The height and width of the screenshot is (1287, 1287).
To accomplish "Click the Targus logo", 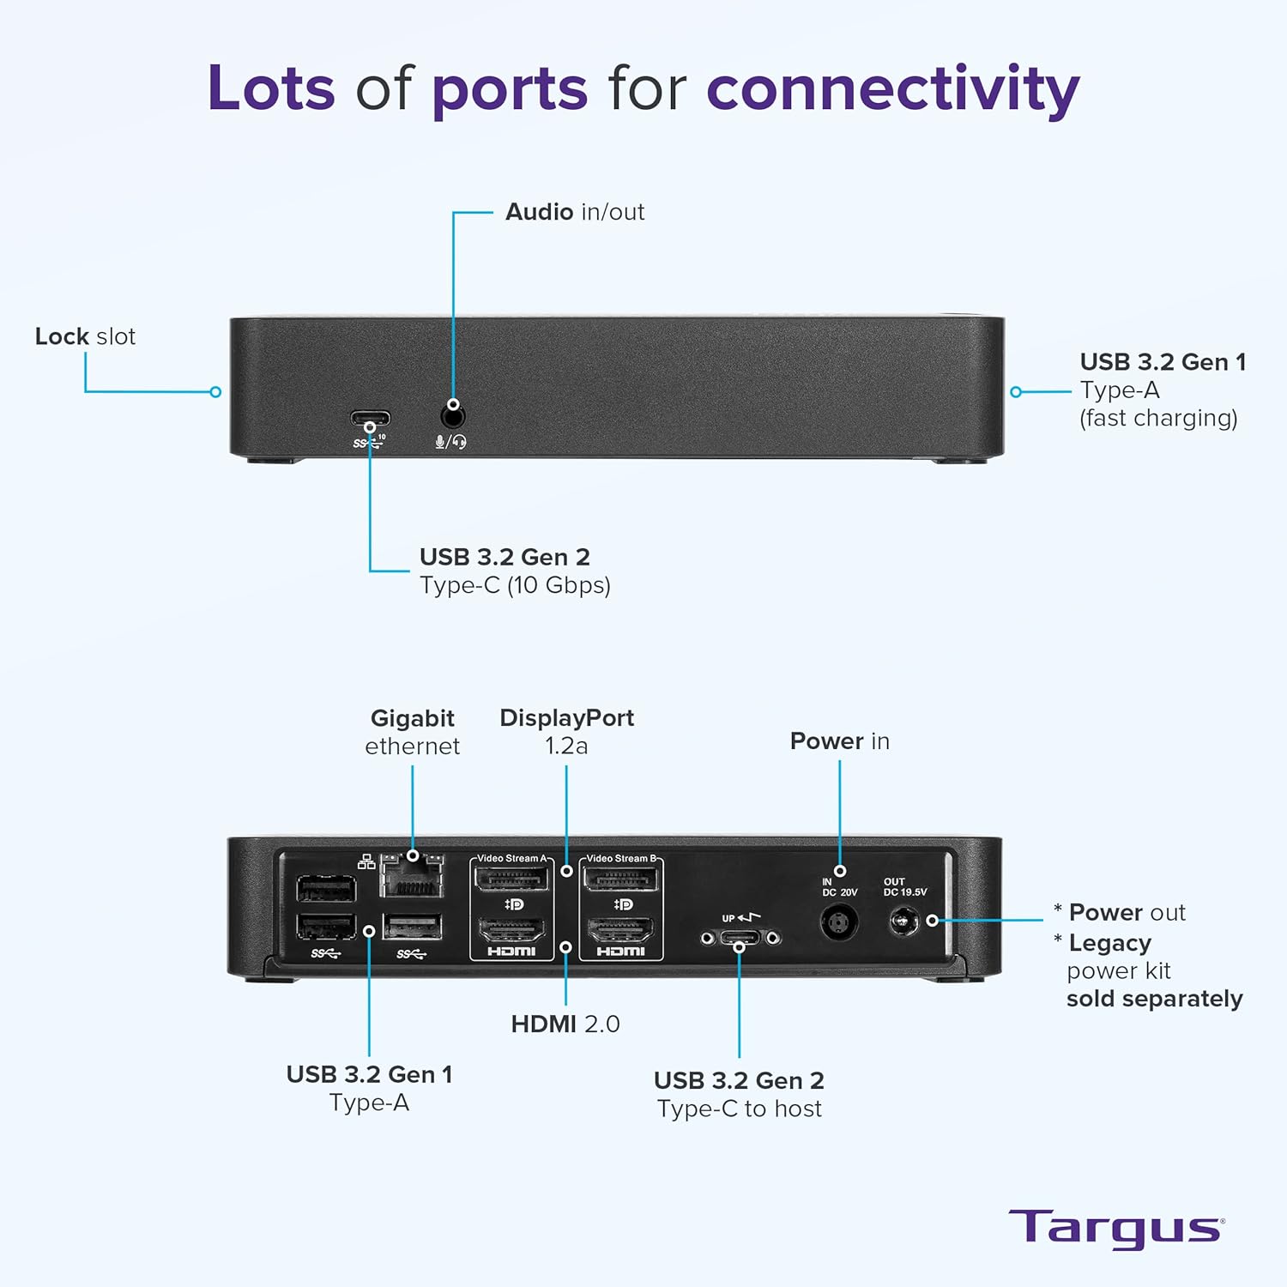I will [x=1115, y=1229].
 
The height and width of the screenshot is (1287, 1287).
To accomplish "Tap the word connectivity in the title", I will [x=892, y=89].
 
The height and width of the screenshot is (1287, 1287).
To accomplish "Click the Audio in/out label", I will [x=574, y=212].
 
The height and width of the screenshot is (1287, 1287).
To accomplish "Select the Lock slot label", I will [x=85, y=336].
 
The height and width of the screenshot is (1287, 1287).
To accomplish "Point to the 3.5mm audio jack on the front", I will [x=453, y=418].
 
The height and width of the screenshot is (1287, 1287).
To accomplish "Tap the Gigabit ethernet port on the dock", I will [x=413, y=877].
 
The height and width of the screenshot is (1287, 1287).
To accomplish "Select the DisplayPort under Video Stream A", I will [x=511, y=879].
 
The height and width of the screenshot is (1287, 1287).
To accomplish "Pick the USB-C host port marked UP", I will [x=739, y=938].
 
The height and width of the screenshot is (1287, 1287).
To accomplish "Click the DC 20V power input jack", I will [x=839, y=923].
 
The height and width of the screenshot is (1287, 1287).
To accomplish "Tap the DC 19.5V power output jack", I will [x=903, y=922].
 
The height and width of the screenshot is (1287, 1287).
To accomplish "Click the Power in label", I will [x=839, y=741].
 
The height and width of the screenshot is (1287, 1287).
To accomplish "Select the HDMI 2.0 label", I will [x=565, y=1024].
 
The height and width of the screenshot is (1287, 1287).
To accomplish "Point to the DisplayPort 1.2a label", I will [x=566, y=732].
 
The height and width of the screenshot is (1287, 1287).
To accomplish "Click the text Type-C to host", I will [x=739, y=1109].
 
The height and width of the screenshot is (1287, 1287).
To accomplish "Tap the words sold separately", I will [x=1154, y=999].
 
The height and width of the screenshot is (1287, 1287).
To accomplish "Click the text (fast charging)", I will [x=1158, y=418].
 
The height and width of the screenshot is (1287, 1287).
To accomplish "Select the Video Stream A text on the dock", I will [x=511, y=858].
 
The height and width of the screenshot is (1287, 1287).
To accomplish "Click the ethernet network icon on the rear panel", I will [x=366, y=862].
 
